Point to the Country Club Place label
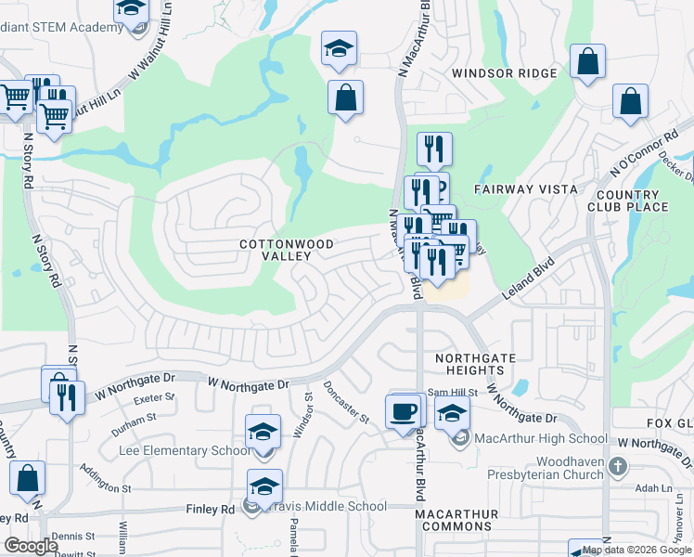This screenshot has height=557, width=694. pos(634,201)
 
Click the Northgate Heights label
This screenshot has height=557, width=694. pos(475,364)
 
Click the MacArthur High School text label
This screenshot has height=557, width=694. pos(541,438)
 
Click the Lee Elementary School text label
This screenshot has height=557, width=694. pos(185,450)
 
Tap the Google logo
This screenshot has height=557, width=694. pos(32,545)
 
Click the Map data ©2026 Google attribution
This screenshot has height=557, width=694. pos(645,550)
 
